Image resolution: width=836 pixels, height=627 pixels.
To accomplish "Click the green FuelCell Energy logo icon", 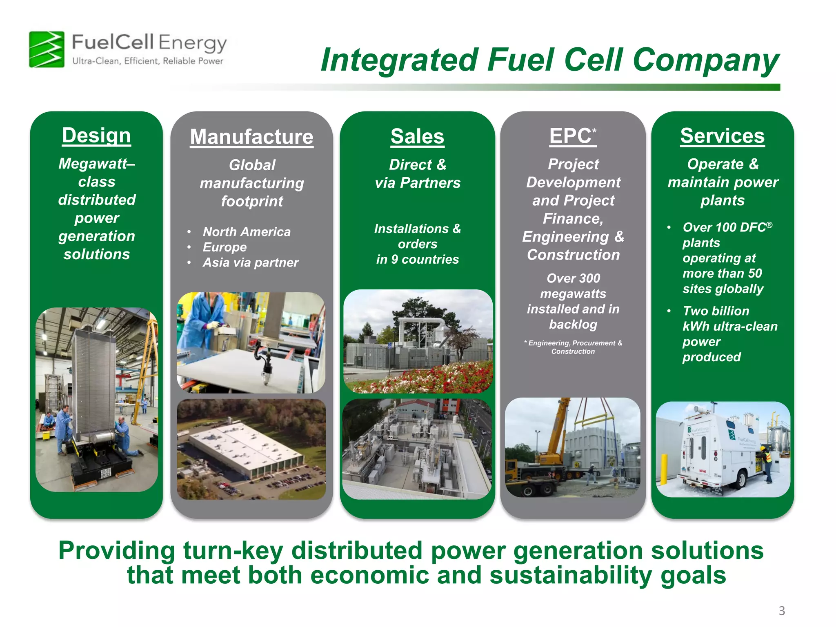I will [47, 49].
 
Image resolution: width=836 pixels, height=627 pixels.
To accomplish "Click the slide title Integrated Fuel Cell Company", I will [549, 60].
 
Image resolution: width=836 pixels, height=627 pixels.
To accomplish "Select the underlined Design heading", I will [96, 136].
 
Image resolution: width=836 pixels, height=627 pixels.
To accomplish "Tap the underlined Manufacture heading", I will [251, 137].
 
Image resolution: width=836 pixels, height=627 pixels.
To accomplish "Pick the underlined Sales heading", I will [417, 136].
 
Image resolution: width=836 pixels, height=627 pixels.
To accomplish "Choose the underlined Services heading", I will [722, 136].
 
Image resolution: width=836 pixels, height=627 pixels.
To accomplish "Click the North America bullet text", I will [247, 232].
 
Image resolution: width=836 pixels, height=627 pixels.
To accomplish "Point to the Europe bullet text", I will [225, 247].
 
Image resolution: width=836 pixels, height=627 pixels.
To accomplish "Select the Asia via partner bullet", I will [250, 262].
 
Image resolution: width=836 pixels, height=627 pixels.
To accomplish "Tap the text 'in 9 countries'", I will [417, 259].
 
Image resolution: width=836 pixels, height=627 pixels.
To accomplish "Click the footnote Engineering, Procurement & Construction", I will [573, 347].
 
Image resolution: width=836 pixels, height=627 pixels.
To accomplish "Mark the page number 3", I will [781, 611].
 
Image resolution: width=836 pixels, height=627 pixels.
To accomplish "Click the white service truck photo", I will [723, 449].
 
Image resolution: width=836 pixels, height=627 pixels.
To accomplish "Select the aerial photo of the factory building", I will [251, 449].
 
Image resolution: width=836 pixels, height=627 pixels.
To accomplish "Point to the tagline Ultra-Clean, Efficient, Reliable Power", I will [148, 61].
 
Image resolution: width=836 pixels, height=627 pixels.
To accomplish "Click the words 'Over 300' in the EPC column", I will [573, 278].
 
